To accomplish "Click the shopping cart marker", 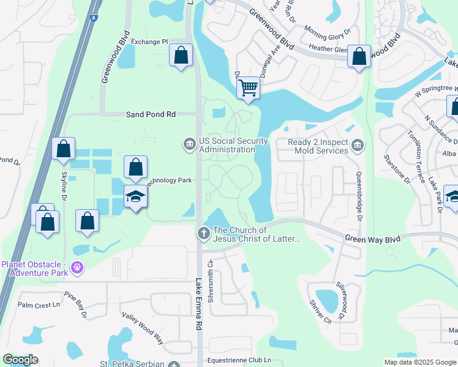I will click(x=248, y=87).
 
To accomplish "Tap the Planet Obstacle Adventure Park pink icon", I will click(x=77, y=267).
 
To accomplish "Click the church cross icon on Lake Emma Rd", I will click(x=203, y=233).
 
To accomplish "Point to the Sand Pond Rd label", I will click(x=151, y=114).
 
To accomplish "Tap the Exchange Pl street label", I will click(x=149, y=42).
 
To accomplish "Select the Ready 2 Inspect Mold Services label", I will click(x=318, y=146).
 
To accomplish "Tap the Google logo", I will click(x=20, y=360).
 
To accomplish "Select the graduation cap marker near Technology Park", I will click(x=135, y=197).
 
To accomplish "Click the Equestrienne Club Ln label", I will click(x=239, y=360).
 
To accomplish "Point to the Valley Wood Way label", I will click(x=143, y=327).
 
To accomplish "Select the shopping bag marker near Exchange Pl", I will click(x=181, y=56).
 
